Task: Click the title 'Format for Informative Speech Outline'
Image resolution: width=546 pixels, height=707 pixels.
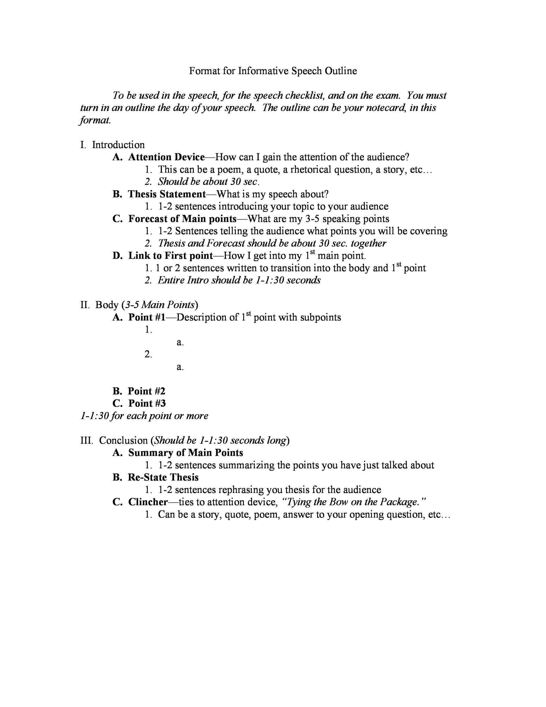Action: (x=273, y=71)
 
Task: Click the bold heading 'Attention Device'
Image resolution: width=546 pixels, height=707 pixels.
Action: (x=166, y=157)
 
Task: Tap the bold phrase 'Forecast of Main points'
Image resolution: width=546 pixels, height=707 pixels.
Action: (x=182, y=219)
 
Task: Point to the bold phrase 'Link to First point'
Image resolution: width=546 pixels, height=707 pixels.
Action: (x=170, y=256)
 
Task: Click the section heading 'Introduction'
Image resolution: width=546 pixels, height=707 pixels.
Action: (x=118, y=145)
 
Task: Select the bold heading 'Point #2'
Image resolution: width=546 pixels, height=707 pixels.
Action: (x=146, y=391)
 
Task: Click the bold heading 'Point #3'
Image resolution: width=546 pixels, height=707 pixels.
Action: (x=146, y=403)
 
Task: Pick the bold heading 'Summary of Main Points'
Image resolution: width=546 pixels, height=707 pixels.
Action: (x=185, y=452)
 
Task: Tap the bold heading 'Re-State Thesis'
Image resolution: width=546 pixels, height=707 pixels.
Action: (x=163, y=477)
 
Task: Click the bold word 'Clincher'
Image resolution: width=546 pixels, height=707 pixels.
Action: (x=148, y=502)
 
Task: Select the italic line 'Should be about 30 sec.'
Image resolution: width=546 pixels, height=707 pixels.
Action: (x=208, y=182)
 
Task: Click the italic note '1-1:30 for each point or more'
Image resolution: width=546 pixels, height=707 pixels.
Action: (x=144, y=416)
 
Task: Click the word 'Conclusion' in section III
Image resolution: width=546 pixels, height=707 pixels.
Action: (x=123, y=440)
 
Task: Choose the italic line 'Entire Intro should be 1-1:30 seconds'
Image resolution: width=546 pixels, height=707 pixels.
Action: (x=239, y=280)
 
